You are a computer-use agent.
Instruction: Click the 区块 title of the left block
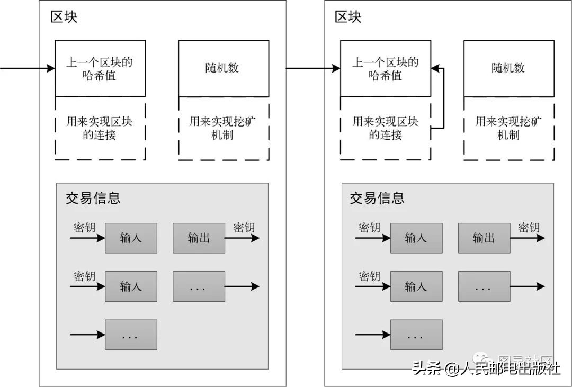click(x=64, y=17)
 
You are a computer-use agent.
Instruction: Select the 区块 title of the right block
click(x=348, y=17)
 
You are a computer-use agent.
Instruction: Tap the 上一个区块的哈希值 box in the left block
click(x=100, y=69)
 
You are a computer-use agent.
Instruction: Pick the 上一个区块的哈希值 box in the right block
click(x=385, y=69)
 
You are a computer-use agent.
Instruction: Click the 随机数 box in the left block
click(x=223, y=69)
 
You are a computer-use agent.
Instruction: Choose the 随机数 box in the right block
click(x=508, y=69)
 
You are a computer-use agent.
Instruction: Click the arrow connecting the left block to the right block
click(x=312, y=68)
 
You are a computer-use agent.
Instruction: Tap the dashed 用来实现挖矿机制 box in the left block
click(x=223, y=129)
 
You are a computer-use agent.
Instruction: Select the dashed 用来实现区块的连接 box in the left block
click(x=100, y=129)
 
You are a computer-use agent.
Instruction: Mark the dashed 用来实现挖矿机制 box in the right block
click(x=508, y=129)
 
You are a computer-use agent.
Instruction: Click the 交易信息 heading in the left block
click(x=93, y=198)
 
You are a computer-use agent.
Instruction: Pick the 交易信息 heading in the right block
click(x=377, y=198)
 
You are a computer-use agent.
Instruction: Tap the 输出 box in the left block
click(x=199, y=238)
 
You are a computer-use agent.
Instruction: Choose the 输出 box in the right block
click(x=484, y=238)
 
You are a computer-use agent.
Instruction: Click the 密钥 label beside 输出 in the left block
click(x=244, y=228)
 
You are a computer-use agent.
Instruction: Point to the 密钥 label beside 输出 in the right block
click(x=529, y=228)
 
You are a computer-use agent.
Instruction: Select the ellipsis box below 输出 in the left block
click(x=199, y=286)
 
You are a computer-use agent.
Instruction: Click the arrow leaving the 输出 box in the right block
click(x=527, y=238)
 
